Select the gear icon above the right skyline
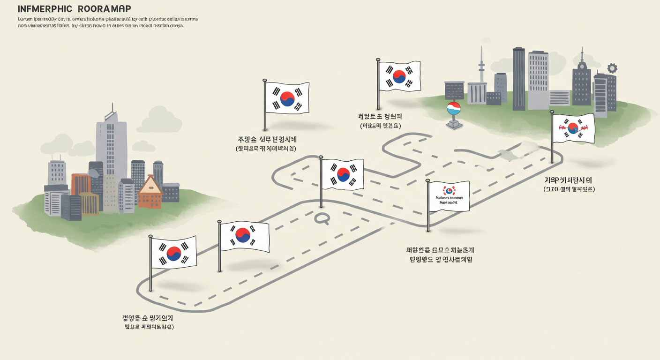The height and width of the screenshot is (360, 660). click(612, 68)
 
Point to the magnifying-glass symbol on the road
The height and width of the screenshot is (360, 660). click(322, 217)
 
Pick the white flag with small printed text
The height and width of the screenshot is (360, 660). click(449, 196)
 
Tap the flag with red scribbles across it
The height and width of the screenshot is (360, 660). click(573, 128)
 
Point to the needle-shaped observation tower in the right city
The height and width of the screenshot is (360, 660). click(481, 70)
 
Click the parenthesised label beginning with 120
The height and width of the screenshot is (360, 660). click(569, 189)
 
